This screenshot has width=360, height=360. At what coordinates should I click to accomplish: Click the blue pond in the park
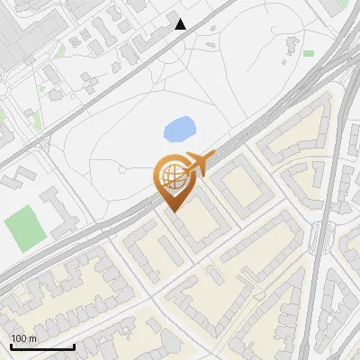[x=180, y=130]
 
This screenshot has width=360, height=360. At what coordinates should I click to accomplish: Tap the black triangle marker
[x=181, y=24]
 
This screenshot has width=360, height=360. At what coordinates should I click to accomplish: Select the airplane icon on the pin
[x=200, y=164]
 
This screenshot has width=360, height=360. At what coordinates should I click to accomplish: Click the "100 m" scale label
[x=23, y=337]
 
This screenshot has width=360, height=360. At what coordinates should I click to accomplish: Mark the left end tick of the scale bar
[x=11, y=345]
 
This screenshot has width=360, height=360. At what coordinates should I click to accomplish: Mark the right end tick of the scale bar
[x=75, y=345]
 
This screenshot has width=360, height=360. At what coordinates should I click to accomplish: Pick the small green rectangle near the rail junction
[x=309, y=54]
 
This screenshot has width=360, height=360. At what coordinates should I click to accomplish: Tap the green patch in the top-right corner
[x=344, y=4]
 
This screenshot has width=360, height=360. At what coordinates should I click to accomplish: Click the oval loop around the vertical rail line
[x=320, y=238]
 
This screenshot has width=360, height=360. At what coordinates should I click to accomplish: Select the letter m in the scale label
[x=32, y=337]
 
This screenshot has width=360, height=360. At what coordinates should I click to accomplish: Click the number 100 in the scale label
[x=19, y=337]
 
